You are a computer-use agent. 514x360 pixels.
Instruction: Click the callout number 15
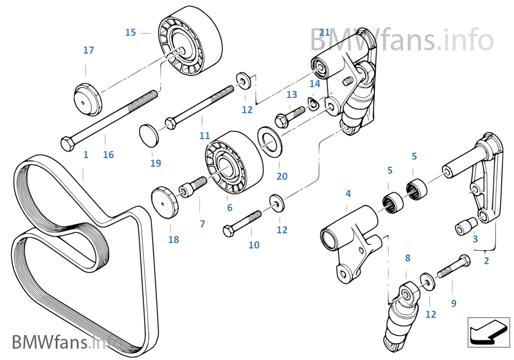point(130,32)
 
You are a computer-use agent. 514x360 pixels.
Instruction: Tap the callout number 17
point(89,50)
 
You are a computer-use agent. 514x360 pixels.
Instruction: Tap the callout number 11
point(204,135)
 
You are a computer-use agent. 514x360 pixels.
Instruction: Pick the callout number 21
point(324,32)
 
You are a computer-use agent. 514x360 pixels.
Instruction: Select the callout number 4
point(348,193)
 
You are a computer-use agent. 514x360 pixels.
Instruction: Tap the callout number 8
point(408,258)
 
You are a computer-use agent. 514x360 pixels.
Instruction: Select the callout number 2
point(486,260)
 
